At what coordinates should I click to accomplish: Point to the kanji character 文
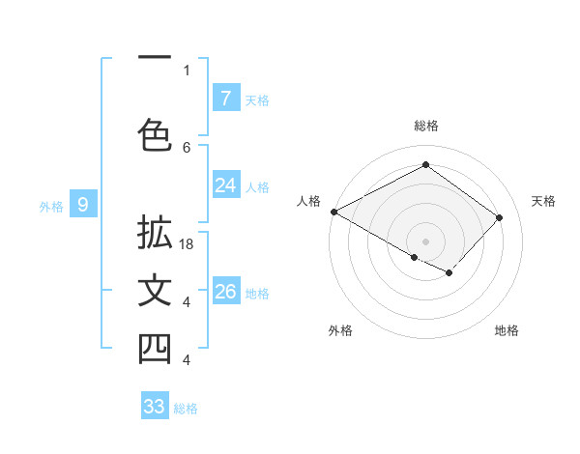[155, 292]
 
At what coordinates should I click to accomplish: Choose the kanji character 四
[155, 350]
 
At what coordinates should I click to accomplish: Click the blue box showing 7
[225, 99]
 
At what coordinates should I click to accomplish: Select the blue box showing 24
[225, 185]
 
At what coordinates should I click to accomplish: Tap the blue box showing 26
[225, 292]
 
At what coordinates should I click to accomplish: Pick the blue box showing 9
[83, 204]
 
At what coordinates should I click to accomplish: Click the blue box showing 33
[155, 407]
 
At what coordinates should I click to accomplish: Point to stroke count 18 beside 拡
[188, 244]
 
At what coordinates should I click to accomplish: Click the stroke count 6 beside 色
[187, 147]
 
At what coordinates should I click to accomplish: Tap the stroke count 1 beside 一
[187, 70]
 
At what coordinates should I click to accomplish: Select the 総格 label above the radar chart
[425, 126]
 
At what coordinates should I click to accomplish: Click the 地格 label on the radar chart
[507, 330]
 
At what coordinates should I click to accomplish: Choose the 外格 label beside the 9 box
[50, 206]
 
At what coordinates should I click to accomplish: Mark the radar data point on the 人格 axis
[333, 212]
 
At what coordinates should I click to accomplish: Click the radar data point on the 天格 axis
[499, 217]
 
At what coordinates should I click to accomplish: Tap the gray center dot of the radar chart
[425, 241]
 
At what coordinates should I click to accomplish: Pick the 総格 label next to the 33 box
[186, 409]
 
